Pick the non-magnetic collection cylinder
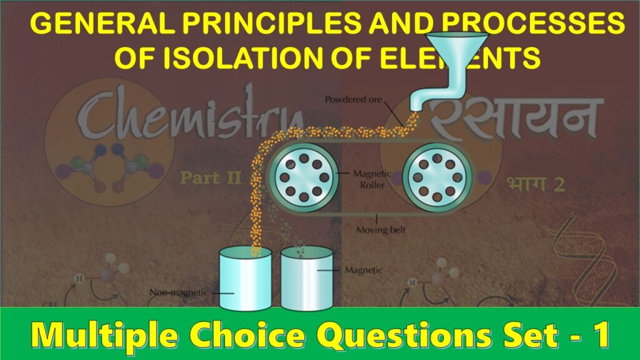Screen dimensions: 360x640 pyautogui.click(x=244, y=277)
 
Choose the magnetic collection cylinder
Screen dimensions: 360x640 pyautogui.click(x=307, y=277)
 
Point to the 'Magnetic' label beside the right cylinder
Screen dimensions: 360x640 pyautogui.click(x=364, y=271)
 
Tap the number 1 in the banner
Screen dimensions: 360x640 pyautogui.click(x=602, y=336)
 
